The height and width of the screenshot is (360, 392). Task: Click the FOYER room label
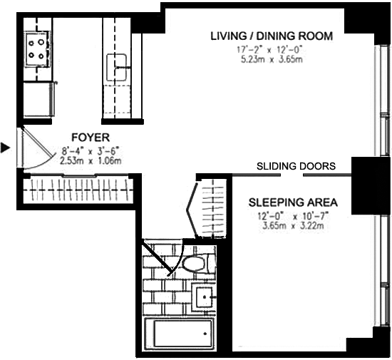pos(91,138)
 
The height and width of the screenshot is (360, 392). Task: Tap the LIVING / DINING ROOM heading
pos(272,36)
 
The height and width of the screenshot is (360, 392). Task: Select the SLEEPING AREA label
pos(293,202)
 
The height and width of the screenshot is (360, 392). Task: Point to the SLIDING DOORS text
pos(296,166)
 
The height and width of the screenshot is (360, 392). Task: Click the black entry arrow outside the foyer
pos(5,148)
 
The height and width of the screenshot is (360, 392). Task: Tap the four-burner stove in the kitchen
pos(37,48)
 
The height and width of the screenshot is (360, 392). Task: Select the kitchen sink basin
pos(116,68)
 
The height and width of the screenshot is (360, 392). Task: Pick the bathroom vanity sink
pos(205,297)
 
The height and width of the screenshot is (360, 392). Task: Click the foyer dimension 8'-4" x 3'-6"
pos(91,151)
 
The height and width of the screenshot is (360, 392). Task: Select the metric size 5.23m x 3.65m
pos(272,59)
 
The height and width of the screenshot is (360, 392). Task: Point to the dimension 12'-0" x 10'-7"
pos(293,216)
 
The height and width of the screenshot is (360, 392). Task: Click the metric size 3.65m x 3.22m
pos(293,226)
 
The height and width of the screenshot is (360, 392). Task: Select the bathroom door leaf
pos(158,256)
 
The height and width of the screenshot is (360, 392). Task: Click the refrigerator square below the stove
pos(38,99)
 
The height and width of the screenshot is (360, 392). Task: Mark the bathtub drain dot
pos(205,334)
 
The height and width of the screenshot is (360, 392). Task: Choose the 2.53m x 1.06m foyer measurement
pos(91,160)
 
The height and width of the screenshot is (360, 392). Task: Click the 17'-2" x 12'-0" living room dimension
pos(272,50)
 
